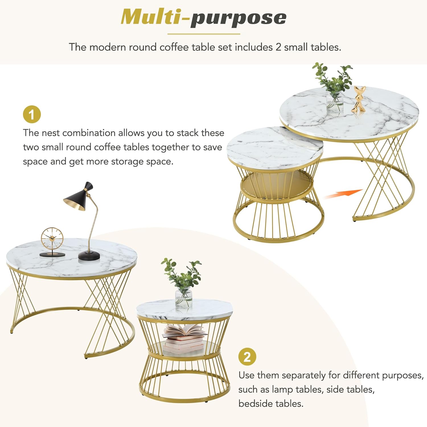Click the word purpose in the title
pos(239,19)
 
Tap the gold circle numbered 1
pos(32,114)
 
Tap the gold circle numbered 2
pos(247,357)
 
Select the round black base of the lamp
pos(89,255)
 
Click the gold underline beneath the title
pos(204,34)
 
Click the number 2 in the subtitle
pos(278,47)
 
